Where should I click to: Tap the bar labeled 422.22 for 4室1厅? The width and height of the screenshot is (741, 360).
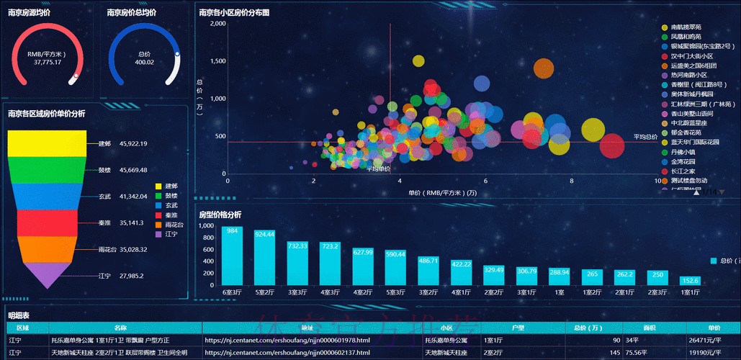click(x=461, y=273)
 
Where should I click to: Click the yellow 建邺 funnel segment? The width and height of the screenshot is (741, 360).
click(x=47, y=143)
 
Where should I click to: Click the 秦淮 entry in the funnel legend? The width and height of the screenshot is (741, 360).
click(x=170, y=215)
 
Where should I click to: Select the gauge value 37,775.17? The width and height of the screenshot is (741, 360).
click(x=48, y=62)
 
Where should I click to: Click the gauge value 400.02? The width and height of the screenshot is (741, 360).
click(x=145, y=62)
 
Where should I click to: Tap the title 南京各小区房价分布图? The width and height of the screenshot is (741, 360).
click(x=234, y=12)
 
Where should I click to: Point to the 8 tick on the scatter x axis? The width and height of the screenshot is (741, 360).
click(x=572, y=181)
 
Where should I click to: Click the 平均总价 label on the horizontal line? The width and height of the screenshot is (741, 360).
click(x=645, y=136)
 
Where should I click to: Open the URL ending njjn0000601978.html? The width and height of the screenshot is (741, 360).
click(x=287, y=340)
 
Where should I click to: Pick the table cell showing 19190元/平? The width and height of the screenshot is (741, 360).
click(x=714, y=353)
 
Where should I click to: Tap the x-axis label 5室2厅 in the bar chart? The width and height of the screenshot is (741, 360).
click(x=264, y=292)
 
